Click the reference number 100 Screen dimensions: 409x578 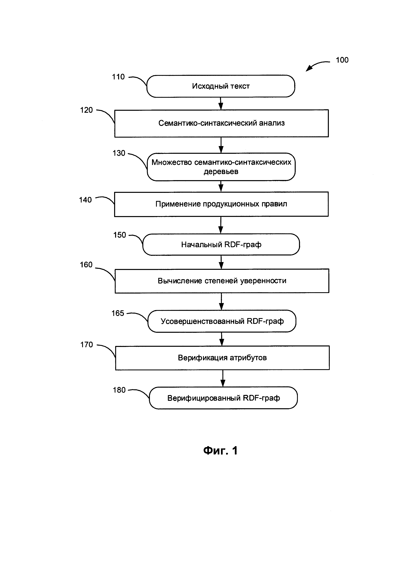pyautogui.click(x=342, y=60)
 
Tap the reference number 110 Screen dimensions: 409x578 pyautogui.click(x=118, y=77)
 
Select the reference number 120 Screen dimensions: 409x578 pyautogui.click(x=86, y=110)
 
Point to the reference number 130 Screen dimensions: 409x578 pyautogui.click(x=119, y=153)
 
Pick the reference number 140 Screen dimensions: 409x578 pyautogui.click(x=85, y=200)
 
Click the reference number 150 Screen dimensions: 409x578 pyautogui.click(x=120, y=235)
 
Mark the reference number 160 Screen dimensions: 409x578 pyautogui.click(x=86, y=265)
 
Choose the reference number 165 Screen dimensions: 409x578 pyautogui.click(x=118, y=313)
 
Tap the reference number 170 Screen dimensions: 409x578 pyautogui.click(x=87, y=345)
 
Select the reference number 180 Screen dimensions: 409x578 pyautogui.click(x=119, y=390)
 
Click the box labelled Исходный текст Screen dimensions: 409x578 pyautogui.click(x=221, y=86)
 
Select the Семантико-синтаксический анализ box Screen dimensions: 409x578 pyautogui.click(x=221, y=123)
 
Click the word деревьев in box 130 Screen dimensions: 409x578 pyautogui.click(x=221, y=172)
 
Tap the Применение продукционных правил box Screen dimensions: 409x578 pyautogui.click(x=221, y=204)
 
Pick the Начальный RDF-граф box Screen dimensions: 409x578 pyautogui.click(x=221, y=244)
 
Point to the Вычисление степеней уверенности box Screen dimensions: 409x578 pyautogui.click(x=222, y=281)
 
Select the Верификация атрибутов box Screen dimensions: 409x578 pyautogui.click(x=222, y=358)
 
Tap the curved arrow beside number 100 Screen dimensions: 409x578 pyautogui.click(x=316, y=64)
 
